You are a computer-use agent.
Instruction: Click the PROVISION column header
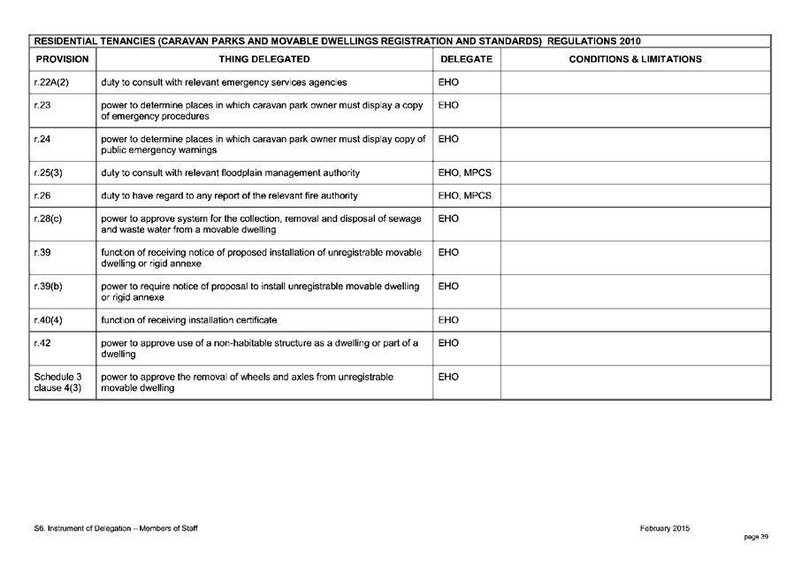[62, 59]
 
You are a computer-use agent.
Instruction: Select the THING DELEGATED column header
[264, 59]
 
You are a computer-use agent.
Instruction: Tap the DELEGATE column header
[466, 59]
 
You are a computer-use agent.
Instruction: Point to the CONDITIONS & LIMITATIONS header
[635, 59]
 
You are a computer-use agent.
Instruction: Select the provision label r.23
[42, 105]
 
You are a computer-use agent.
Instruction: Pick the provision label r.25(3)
[48, 172]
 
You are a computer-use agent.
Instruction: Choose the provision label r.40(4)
[48, 319]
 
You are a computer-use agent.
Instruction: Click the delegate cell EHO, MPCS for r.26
[464, 195]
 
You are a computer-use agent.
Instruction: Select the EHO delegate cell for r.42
[448, 342]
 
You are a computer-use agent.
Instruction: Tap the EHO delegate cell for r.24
[448, 139]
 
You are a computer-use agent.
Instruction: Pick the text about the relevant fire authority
[230, 195]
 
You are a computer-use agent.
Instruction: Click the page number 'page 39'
[756, 537]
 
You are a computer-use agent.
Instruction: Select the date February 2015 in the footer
[665, 528]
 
